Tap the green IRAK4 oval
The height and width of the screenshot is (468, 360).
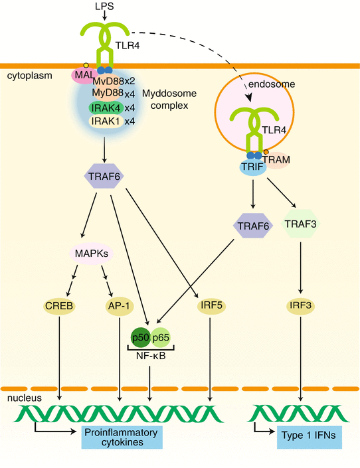pyautogui.click(x=102, y=107)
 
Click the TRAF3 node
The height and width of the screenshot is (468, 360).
pyautogui.click(x=302, y=226)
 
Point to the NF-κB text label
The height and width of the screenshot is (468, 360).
pyautogui.click(x=151, y=357)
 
